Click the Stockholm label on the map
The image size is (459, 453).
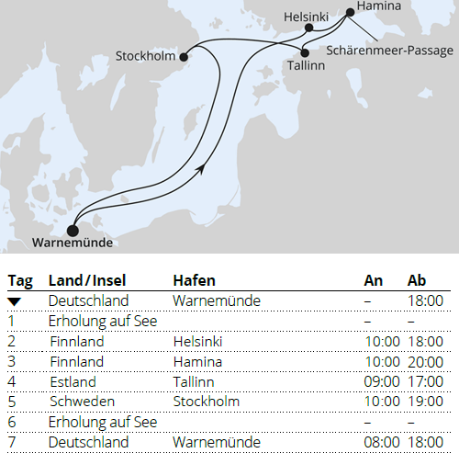(x=145, y=57)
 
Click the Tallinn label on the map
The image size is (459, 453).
(x=308, y=68)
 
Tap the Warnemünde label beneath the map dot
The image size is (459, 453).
(x=72, y=243)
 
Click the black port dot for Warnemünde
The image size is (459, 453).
(x=73, y=230)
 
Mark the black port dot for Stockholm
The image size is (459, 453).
(x=184, y=57)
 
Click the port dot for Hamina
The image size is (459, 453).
(x=349, y=13)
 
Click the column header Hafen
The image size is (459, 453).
(x=195, y=279)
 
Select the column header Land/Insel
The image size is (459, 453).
(x=87, y=279)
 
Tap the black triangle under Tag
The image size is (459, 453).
(x=17, y=300)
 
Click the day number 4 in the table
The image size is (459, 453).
(x=11, y=381)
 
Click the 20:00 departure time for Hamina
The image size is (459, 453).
(x=426, y=361)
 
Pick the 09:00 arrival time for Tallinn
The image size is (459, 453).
(x=382, y=381)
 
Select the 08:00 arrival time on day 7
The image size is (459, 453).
(x=382, y=442)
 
